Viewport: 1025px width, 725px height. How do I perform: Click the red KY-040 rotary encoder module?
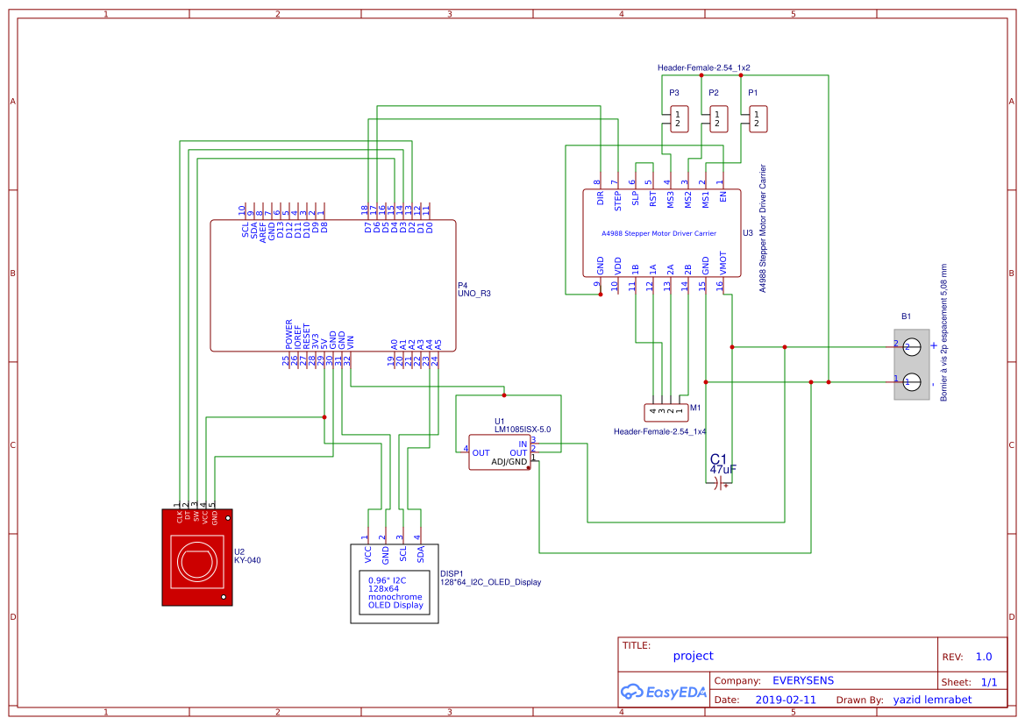pyautogui.click(x=197, y=557)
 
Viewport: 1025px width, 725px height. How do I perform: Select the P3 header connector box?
pyautogui.click(x=678, y=119)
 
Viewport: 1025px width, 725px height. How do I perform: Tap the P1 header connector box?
pyautogui.click(x=758, y=119)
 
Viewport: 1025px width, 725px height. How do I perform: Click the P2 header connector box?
pyautogui.click(x=718, y=119)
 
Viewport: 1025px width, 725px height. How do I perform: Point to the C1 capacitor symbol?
pyautogui.click(x=719, y=483)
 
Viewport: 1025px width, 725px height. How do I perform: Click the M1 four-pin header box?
pyautogui.click(x=665, y=410)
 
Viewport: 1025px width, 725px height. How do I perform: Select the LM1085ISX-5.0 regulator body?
pyautogui.click(x=499, y=452)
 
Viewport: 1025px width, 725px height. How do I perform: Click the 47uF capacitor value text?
pyautogui.click(x=722, y=470)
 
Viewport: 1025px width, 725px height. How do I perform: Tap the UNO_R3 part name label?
pyautogui.click(x=474, y=294)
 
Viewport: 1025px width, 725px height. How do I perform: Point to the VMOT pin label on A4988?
pyautogui.click(x=722, y=264)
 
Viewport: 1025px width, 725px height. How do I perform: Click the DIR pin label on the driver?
pyautogui.click(x=601, y=198)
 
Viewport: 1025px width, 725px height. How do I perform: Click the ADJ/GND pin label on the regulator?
pyautogui.click(x=509, y=462)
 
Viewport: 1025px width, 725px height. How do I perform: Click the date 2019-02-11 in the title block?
pyautogui.click(x=786, y=700)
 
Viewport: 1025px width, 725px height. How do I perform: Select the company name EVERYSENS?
pyautogui.click(x=802, y=680)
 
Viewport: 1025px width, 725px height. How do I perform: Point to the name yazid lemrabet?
pyautogui.click(x=932, y=700)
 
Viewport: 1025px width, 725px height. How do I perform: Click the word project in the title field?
pyautogui.click(x=693, y=656)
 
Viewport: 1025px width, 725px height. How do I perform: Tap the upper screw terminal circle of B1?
pyautogui.click(x=912, y=347)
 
